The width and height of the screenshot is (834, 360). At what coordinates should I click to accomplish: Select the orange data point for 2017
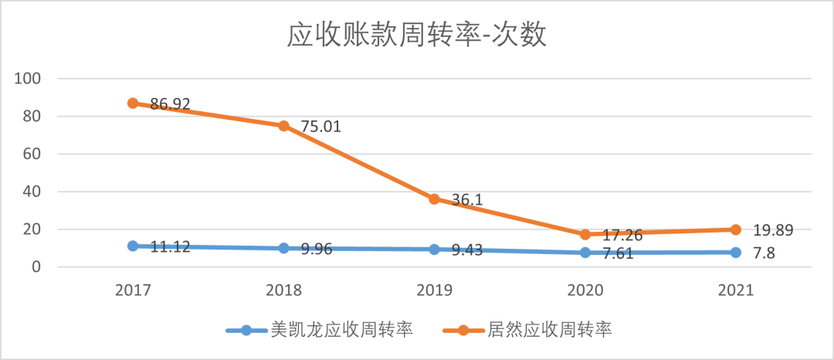133,103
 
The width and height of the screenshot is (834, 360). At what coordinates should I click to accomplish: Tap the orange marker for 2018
283,126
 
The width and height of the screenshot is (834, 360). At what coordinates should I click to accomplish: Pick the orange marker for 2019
434,199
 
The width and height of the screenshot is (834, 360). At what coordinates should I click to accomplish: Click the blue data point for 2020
585,253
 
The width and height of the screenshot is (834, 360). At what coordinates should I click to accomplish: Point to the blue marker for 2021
736,253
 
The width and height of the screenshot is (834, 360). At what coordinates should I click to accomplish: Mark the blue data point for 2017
133,246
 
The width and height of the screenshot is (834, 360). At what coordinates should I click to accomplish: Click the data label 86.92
170,104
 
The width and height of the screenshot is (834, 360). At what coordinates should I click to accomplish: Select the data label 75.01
320,127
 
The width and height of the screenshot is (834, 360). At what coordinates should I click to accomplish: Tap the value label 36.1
466,199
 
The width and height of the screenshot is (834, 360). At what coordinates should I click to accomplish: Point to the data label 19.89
773,229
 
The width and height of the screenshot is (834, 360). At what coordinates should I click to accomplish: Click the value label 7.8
764,253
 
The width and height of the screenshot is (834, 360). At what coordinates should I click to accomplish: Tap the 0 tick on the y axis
37,267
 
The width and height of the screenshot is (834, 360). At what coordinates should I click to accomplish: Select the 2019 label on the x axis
434,290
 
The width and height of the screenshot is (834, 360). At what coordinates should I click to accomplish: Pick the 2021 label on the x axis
736,290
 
